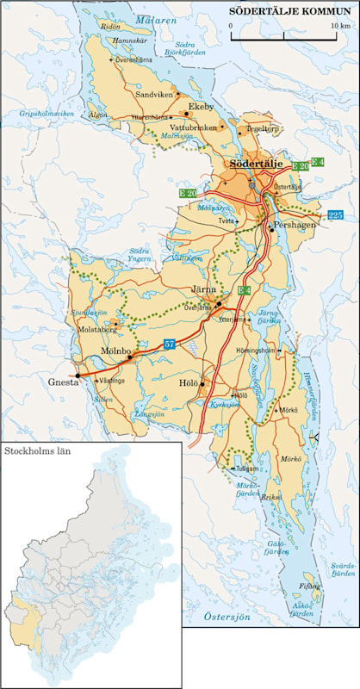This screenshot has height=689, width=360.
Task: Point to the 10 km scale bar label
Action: pyautogui.click(x=339, y=27)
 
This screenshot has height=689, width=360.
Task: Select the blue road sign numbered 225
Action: pyautogui.click(x=336, y=214)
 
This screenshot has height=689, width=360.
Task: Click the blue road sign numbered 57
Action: pyautogui.click(x=170, y=344)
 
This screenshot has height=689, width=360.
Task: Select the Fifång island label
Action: pyautogui.click(x=308, y=586)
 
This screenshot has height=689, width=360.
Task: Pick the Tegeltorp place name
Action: pyautogui.click(x=264, y=128)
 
